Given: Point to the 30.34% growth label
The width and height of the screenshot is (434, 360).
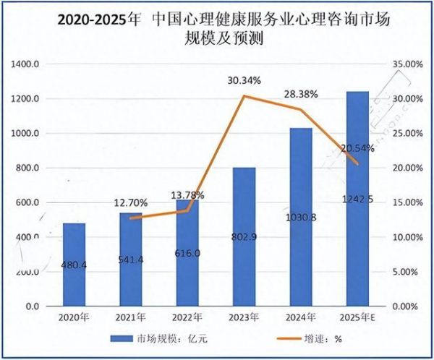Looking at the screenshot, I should pos(243,80).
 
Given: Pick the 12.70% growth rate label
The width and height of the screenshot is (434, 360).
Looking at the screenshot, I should pos(130,202).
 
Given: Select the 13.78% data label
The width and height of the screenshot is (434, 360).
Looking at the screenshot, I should pos(187,195).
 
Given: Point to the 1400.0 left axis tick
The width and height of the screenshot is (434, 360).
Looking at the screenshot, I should pos(27,64).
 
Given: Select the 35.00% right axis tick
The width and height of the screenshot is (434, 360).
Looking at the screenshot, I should pos(407,64).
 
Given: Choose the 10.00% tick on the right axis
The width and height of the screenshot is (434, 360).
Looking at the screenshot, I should pos(407,238).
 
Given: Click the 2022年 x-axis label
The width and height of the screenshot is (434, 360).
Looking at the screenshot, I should pos(187,316).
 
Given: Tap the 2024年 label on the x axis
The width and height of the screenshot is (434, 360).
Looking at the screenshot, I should pos(300,316).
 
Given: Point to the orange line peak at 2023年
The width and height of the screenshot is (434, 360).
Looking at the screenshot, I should pos(243,95).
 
